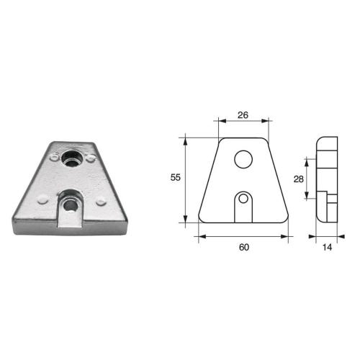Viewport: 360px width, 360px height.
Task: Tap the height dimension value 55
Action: pos(176,176)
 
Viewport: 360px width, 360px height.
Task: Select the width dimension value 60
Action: pos(243,248)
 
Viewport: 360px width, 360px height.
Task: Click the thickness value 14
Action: pos(328,248)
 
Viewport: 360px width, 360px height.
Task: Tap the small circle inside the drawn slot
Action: pos(244,198)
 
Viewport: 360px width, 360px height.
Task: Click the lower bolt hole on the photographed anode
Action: pos(71,205)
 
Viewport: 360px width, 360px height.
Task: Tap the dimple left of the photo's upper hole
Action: pos(54,153)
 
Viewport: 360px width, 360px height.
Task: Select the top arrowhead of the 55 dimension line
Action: pos(186,137)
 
